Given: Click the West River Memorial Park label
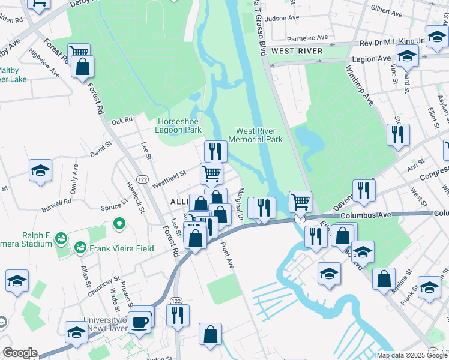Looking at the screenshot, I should click(x=259, y=135).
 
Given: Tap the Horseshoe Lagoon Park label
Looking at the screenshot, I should click(x=178, y=125).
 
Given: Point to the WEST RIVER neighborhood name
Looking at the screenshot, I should click(x=297, y=51).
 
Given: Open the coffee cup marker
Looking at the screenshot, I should click(x=142, y=321).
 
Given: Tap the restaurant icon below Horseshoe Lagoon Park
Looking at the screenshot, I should click(x=215, y=151).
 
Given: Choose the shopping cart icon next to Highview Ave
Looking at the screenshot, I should click(x=78, y=52).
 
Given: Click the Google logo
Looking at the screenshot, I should click(x=19, y=353).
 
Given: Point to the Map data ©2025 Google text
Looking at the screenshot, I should click(x=411, y=355).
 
